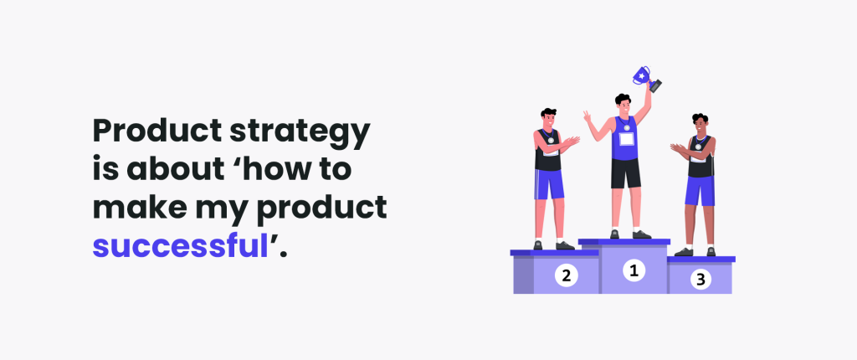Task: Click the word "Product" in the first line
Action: tap(157, 131)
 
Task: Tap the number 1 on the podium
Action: tap(634, 270)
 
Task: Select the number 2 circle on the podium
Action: tap(567, 275)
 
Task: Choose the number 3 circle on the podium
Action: tap(700, 279)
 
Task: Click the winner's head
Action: tap(622, 104)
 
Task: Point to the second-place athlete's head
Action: tap(549, 117)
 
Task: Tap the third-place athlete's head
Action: tap(700, 123)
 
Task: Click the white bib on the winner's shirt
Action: tap(626, 138)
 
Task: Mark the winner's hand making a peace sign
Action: tap(588, 117)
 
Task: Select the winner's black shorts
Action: tap(626, 173)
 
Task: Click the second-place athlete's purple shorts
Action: tap(549, 184)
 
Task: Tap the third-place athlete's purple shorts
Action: tap(700, 191)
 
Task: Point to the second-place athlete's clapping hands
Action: tap(571, 142)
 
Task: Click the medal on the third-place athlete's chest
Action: tap(698, 147)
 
